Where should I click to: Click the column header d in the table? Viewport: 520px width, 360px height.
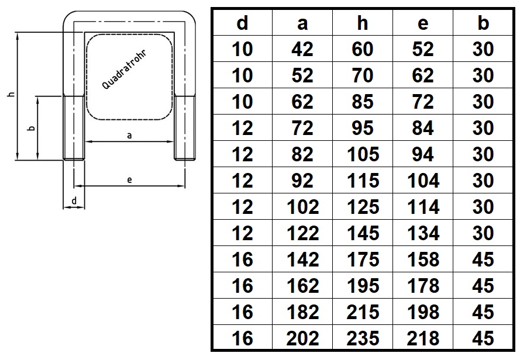tap(242, 23)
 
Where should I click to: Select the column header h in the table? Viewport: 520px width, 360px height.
tap(363, 23)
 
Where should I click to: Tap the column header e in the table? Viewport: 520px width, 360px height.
tap(423, 23)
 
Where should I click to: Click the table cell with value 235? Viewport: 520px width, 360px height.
tap(363, 338)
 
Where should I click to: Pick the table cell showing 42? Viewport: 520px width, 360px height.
tap(302, 49)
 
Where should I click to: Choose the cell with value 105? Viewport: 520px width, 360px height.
tap(363, 154)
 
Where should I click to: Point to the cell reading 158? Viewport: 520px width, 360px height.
tap(423, 259)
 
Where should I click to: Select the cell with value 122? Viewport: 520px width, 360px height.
tap(302, 233)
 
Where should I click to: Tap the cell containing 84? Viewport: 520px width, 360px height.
tap(423, 128)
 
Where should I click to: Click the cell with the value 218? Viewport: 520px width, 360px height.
tap(423, 338)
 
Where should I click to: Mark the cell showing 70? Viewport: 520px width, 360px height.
tap(363, 75)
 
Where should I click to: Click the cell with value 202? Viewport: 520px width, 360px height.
tap(302, 338)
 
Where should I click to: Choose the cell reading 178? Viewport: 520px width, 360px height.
tap(423, 285)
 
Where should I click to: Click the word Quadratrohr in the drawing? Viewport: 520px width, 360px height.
tap(124, 70)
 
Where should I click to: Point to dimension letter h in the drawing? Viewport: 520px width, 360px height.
tap(12, 94)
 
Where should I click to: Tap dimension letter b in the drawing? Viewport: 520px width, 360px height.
tap(32, 128)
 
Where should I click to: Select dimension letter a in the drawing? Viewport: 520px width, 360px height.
tap(129, 135)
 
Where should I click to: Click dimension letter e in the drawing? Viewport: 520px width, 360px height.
tap(129, 179)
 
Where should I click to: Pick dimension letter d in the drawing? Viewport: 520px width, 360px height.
tap(74, 200)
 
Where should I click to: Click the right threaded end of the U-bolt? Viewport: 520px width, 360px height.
tap(185, 128)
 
